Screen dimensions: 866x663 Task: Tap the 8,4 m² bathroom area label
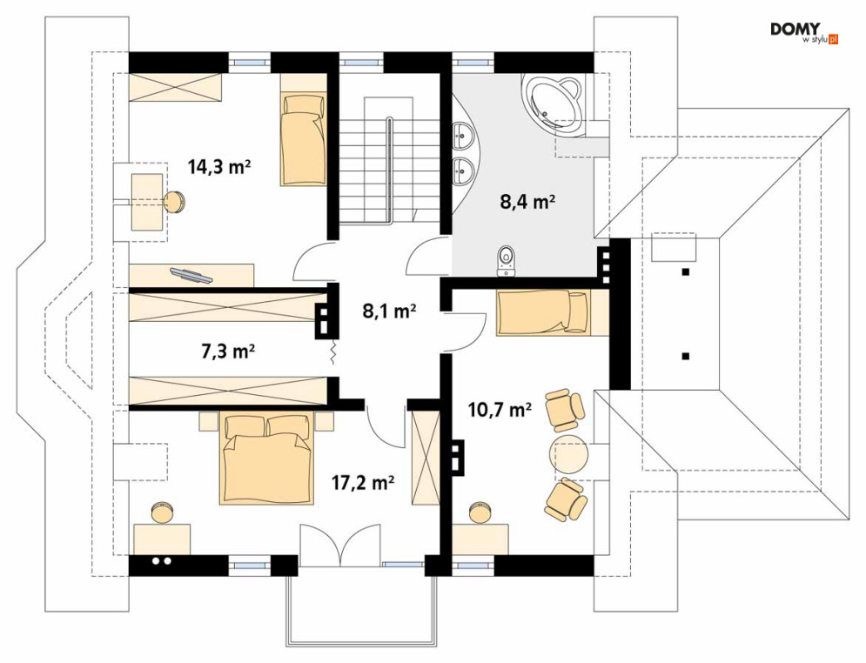click(x=527, y=202)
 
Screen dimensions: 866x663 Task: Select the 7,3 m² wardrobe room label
click(x=227, y=351)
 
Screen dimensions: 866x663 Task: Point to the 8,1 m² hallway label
click(x=389, y=311)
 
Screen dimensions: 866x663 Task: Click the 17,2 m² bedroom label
click(x=362, y=483)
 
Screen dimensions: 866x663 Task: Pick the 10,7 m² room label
click(x=500, y=410)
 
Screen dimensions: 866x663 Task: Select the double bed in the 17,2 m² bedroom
click(x=268, y=459)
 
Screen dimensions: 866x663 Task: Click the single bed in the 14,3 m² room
click(x=303, y=139)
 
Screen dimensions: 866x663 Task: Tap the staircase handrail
click(x=391, y=170)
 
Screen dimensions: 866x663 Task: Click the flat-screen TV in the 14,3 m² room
click(x=191, y=274)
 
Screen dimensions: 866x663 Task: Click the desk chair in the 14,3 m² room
click(x=175, y=201)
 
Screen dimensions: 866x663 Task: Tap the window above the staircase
click(x=360, y=62)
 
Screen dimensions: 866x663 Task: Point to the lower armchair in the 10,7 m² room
click(x=566, y=499)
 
